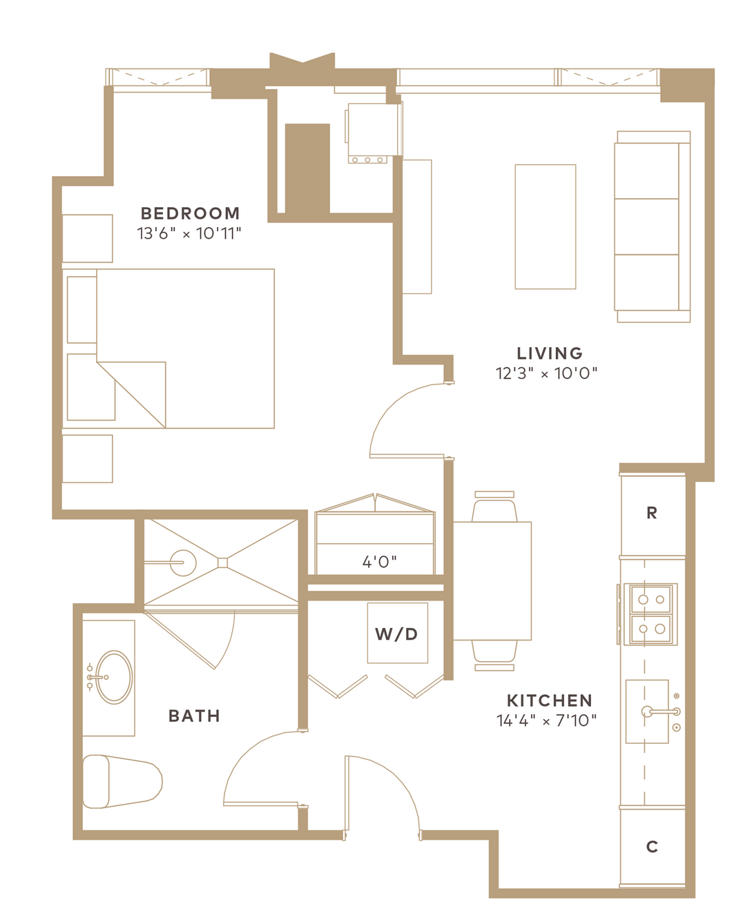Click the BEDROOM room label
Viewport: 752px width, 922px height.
click(x=190, y=213)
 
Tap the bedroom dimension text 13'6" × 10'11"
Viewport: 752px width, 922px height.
click(x=189, y=234)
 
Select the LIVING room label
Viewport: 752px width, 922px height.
click(x=550, y=353)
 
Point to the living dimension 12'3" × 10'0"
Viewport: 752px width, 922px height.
click(x=547, y=373)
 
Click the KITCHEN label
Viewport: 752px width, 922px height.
click(x=550, y=700)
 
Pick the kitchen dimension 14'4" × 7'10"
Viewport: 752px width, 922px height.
click(x=547, y=720)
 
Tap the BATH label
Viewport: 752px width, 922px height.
click(x=194, y=716)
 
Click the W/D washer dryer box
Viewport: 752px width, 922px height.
click(x=398, y=633)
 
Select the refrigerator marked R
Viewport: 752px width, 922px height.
click(x=653, y=514)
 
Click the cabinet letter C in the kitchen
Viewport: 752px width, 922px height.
click(x=652, y=846)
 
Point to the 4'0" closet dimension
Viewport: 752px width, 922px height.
click(x=380, y=562)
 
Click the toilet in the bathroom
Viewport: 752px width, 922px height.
click(x=122, y=782)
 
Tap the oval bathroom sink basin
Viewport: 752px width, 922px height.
click(x=114, y=678)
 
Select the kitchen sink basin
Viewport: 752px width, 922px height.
click(x=647, y=712)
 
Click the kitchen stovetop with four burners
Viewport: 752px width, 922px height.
click(x=650, y=615)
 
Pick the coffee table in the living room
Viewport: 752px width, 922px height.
click(x=546, y=226)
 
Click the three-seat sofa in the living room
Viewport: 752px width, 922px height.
click(x=653, y=227)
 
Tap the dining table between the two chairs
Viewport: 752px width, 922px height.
click(x=492, y=581)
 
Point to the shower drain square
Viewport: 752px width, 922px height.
click(x=222, y=562)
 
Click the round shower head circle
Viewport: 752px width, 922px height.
click(x=183, y=562)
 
